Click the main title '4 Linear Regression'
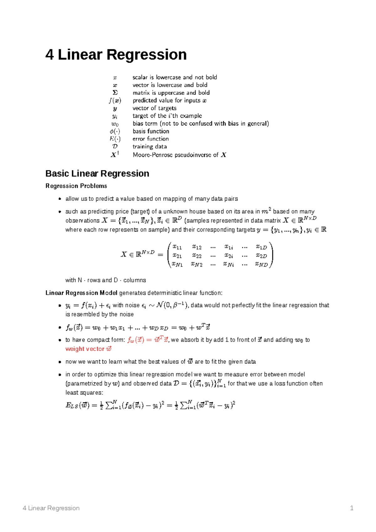(116, 55)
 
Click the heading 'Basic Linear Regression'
(97, 174)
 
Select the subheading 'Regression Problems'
(76, 186)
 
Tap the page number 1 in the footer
(352, 508)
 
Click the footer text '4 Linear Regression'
(51, 508)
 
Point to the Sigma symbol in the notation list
(115, 93)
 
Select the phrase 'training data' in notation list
(149, 147)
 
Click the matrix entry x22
(197, 256)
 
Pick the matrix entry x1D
(261, 247)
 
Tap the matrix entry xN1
(177, 264)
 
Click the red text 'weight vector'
(85, 349)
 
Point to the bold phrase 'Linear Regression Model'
(81, 293)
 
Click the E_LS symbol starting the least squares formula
(72, 405)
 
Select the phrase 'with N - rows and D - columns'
(106, 280)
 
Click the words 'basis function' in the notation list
(151, 131)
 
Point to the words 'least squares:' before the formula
(84, 393)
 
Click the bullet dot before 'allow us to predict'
(60, 199)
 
